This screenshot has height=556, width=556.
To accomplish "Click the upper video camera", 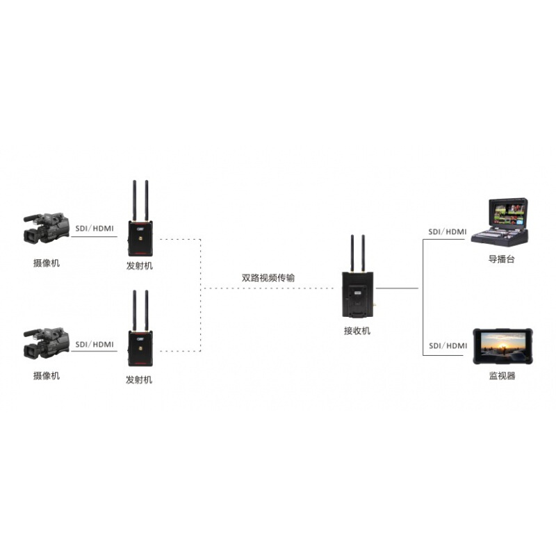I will [46, 228].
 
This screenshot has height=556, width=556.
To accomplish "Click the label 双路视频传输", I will [268, 277].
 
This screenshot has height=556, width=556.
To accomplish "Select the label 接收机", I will [357, 331].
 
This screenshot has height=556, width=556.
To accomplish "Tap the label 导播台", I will [501, 259].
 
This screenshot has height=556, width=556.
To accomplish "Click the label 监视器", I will [502, 376].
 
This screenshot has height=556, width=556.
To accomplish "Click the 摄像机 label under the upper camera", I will [47, 263].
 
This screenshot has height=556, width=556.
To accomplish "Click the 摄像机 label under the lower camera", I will [47, 376].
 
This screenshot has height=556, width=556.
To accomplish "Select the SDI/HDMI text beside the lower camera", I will [95, 344].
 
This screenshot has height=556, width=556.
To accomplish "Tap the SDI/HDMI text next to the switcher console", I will [448, 231].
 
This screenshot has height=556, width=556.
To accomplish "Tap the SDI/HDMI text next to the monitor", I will [448, 345].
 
